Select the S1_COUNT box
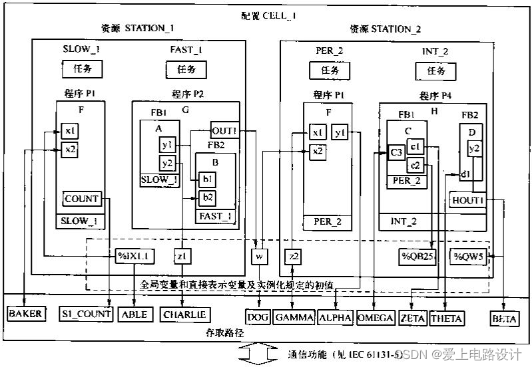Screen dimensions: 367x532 coord(85,314)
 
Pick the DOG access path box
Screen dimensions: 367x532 coord(258,318)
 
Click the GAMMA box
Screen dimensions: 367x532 coord(294,318)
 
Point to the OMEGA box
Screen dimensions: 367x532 coord(375,318)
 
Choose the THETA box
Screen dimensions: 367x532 coord(446,318)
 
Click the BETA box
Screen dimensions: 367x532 coord(504,318)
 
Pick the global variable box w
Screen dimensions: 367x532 coord(259,256)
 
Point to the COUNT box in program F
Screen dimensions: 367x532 coord(82,198)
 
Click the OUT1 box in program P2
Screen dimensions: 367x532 coord(224,130)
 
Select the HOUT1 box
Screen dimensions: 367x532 coord(467,200)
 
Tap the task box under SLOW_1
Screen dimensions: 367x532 coord(81,68)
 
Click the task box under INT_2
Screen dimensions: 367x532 coord(435,70)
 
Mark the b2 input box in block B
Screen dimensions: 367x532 coord(206,196)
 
